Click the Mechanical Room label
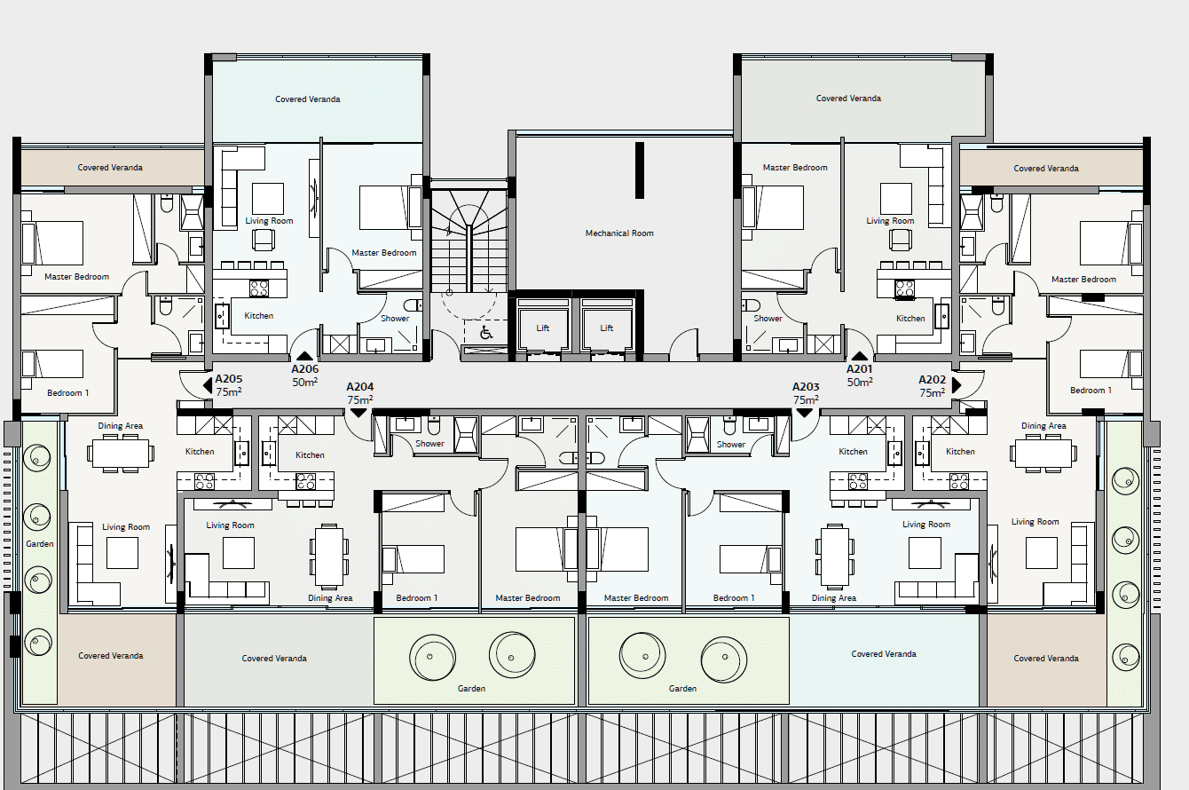coord(619,233)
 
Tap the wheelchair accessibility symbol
coord(486,333)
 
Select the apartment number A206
coord(304,369)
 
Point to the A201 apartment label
coord(860,369)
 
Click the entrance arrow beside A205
coord(208,385)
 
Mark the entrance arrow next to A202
coord(957,385)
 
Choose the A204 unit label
coord(360,387)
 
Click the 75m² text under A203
coord(806,399)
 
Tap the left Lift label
coord(542,328)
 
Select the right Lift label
coord(607,328)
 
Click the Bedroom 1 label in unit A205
coord(68,393)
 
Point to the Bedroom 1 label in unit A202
coord(1091,391)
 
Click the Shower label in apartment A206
coord(395,319)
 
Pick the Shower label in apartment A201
coord(768,319)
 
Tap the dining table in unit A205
coord(121,454)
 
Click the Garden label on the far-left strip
coord(40,543)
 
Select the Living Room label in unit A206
coord(269,221)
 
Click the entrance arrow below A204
coord(358,413)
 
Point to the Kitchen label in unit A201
coord(910,319)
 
